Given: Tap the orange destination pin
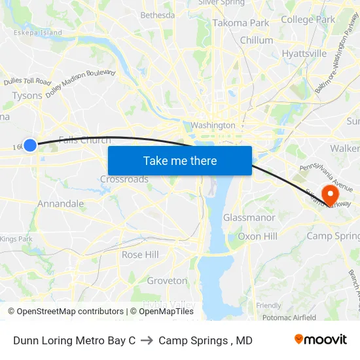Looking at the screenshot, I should click(330, 195).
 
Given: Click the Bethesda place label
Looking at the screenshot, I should click(158, 15).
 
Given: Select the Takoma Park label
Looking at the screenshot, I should click(241, 23).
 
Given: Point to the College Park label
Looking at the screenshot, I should click(308, 20).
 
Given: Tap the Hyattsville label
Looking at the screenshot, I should click(304, 54).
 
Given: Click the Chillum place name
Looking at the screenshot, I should click(257, 41).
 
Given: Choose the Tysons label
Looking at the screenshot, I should click(27, 96).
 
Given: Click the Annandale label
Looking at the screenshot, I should click(60, 204).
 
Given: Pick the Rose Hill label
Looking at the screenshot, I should click(140, 255).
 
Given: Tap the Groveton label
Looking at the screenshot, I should click(167, 281).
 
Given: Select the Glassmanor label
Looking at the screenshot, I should click(249, 217).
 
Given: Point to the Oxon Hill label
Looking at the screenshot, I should click(257, 236).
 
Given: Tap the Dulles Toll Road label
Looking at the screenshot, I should click(27, 82).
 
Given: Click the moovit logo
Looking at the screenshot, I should click(320, 340).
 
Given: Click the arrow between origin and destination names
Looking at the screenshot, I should click(147, 340).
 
